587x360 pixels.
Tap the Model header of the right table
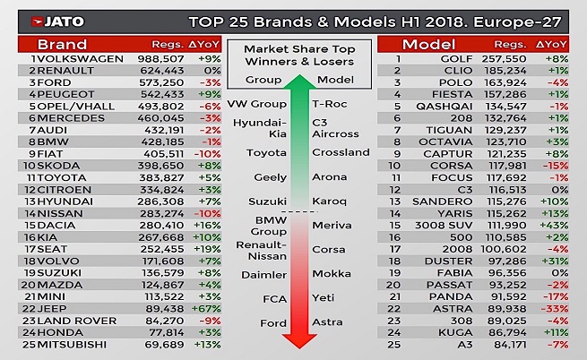427,44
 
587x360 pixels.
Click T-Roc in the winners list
328,104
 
